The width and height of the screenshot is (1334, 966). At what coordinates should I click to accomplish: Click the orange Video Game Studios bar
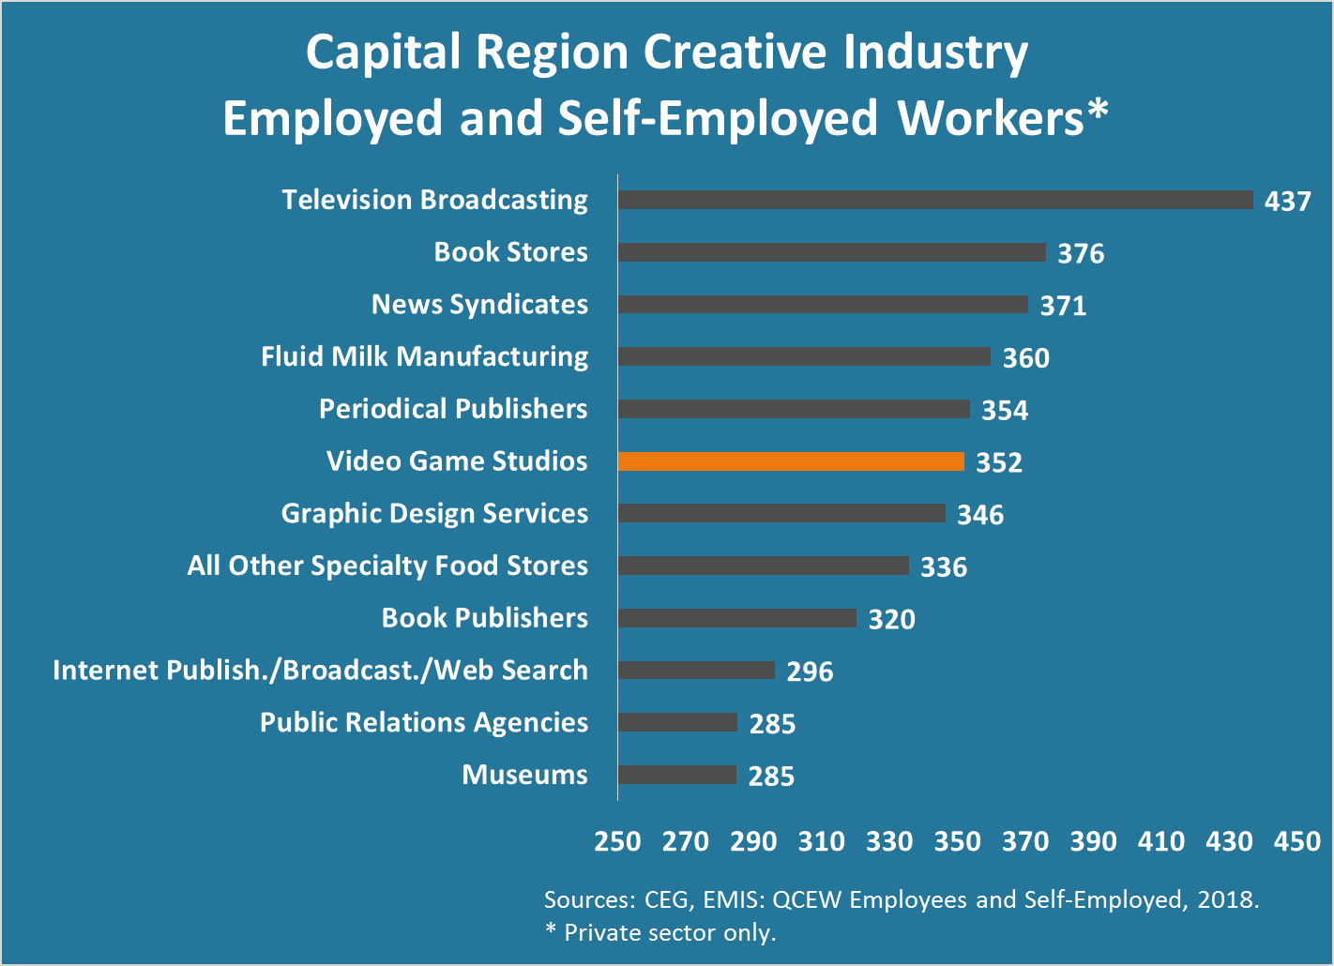pyautogui.click(x=791, y=461)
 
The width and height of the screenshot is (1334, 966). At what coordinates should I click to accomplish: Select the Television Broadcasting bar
pyautogui.click(x=935, y=200)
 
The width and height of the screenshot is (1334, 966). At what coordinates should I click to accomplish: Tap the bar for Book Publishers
pyautogui.click(x=737, y=618)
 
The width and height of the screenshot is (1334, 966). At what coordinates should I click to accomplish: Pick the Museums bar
pyautogui.click(x=677, y=775)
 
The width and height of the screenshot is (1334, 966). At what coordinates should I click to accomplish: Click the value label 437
pyautogui.click(x=1287, y=201)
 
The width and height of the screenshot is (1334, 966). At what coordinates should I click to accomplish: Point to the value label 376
pyautogui.click(x=1081, y=253)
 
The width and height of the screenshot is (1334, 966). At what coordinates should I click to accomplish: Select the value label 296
pyautogui.click(x=810, y=672)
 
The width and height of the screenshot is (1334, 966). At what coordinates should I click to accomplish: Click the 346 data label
pyautogui.click(x=980, y=515)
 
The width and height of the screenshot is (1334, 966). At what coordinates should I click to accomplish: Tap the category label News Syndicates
pyautogui.click(x=479, y=305)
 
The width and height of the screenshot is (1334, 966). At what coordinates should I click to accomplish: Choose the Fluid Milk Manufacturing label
pyautogui.click(x=424, y=356)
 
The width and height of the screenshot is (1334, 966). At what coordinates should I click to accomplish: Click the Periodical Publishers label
pyautogui.click(x=453, y=409)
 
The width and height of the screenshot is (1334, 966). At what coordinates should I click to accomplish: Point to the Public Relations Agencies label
pyautogui.click(x=424, y=722)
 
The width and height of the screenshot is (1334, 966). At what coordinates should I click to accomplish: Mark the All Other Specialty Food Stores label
pyautogui.click(x=387, y=566)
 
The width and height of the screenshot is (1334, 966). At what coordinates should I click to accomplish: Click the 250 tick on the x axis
pyautogui.click(x=617, y=841)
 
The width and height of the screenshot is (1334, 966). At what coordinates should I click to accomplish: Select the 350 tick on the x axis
pyautogui.click(x=957, y=841)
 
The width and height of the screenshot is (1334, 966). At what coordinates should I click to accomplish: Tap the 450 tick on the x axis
pyautogui.click(x=1296, y=841)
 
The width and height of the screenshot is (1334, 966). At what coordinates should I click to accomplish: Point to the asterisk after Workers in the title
pyautogui.click(x=1098, y=111)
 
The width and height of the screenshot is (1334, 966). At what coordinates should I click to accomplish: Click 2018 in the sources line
pyautogui.click(x=1229, y=899)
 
